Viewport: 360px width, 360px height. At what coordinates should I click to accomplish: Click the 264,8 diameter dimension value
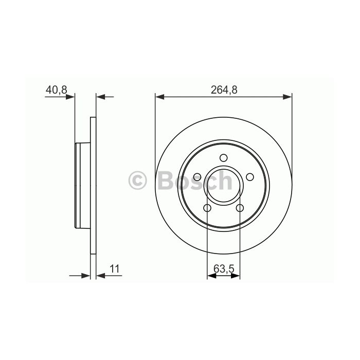tap(224, 90)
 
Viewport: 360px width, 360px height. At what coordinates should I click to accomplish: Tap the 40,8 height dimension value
tap(56, 90)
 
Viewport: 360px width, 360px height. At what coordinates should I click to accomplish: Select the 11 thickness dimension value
tap(115, 268)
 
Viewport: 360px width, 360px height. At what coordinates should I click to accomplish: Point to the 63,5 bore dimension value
tap(224, 268)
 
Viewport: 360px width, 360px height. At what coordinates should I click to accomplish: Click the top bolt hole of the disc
tap(223, 158)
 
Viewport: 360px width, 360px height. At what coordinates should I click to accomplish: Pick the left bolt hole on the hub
tap(197, 177)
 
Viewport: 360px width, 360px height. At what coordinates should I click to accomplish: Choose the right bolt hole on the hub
tap(250, 177)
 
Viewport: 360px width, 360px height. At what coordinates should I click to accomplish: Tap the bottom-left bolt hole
tap(207, 208)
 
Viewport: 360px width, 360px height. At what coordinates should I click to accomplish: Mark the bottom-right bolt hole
tap(240, 208)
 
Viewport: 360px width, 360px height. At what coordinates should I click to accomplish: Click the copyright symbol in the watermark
tap(137, 181)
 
